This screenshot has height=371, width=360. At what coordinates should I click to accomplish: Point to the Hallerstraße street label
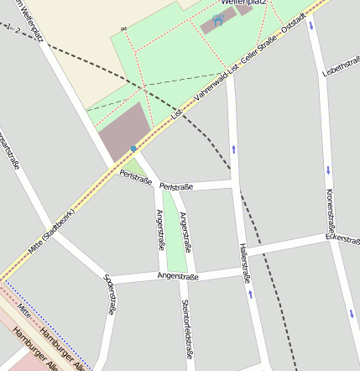pyautogui.click(x=244, y=262)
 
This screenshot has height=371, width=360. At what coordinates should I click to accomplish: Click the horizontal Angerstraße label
pyautogui.click(x=177, y=276)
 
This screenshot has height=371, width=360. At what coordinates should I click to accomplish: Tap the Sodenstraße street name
pyautogui.click(x=110, y=293)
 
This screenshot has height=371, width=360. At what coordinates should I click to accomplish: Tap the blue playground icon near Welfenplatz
pyautogui.click(x=219, y=20)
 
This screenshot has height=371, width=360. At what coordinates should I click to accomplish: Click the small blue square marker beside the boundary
pyautogui.click(x=133, y=149)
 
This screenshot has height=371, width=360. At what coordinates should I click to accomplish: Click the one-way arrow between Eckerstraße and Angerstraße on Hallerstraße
pyautogui.click(x=250, y=294)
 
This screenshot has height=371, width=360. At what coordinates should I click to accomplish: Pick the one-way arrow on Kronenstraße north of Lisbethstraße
pyautogui.click(x=311, y=24)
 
